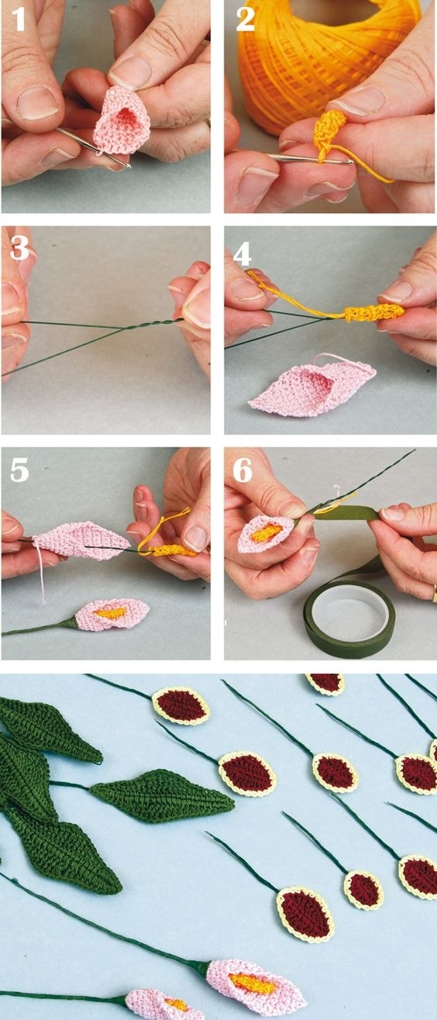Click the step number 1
(x=19, y=19)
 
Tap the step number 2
(x=245, y=19)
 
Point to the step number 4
(x=242, y=253)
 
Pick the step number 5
(x=19, y=470)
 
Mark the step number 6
(x=243, y=470)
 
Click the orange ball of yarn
(x=318, y=59)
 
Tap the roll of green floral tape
(x=349, y=619)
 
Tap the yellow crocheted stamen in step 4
(x=374, y=312)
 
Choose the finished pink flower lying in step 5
(x=112, y=615)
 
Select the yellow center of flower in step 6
(x=267, y=532)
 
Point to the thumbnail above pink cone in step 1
(x=131, y=72)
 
